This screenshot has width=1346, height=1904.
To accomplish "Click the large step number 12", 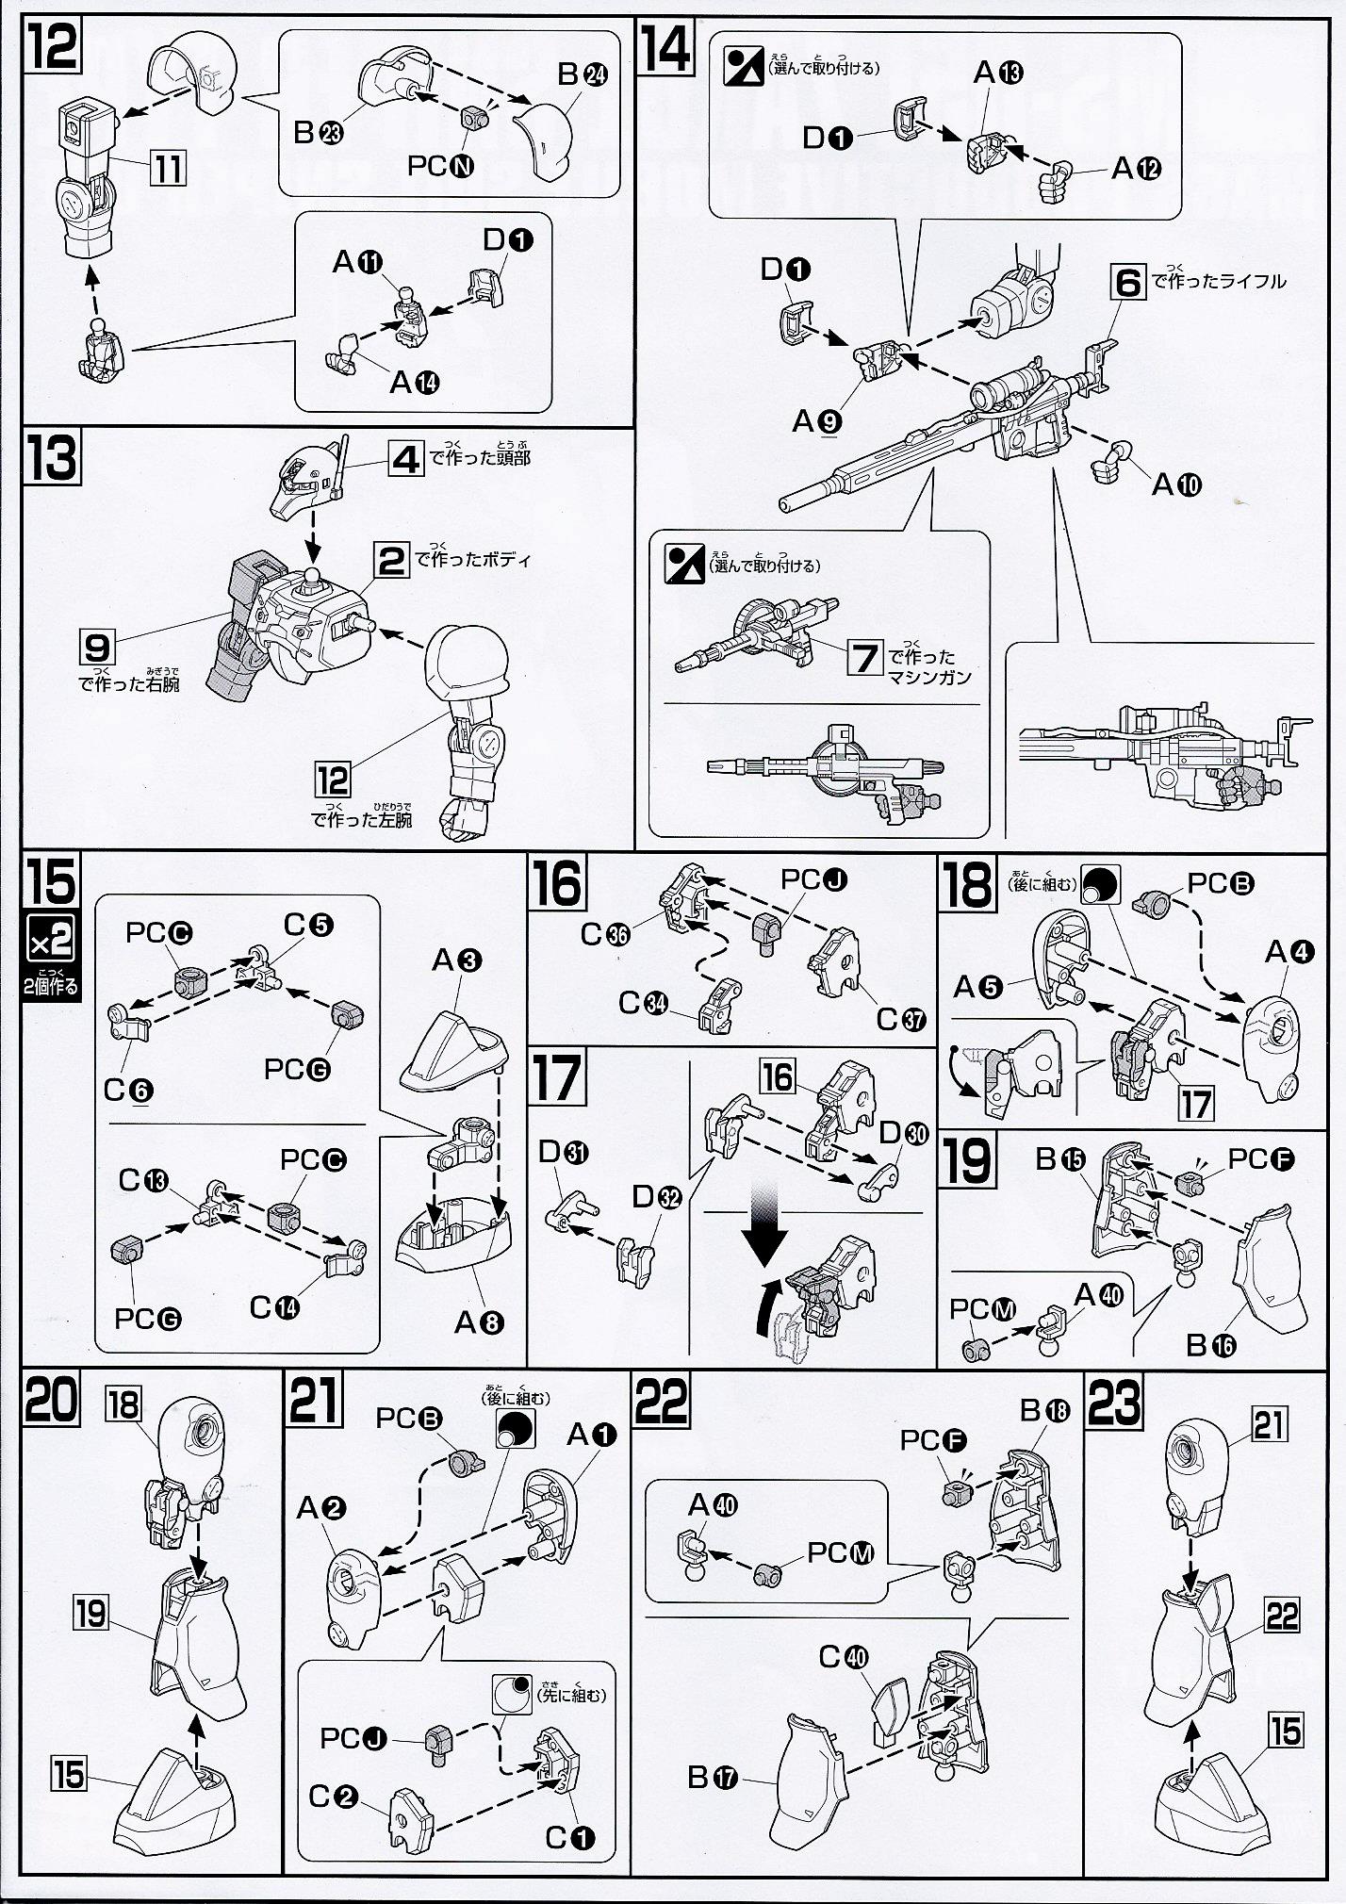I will pos(53,47).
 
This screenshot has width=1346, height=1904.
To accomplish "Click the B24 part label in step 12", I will pos(582,75).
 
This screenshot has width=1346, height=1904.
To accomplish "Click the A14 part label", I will pos(415,382).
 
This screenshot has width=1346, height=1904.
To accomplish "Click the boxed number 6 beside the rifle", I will pos(1127,282).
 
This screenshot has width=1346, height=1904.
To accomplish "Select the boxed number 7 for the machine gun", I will pos(863,656).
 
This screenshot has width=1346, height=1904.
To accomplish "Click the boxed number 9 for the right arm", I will pos(97,648).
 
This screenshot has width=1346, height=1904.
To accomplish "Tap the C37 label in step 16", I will pos(902,1019).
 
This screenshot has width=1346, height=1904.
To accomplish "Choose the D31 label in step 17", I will pos(563,1152).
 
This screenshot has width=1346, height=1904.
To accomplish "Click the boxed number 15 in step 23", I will pos(1286,1731).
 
